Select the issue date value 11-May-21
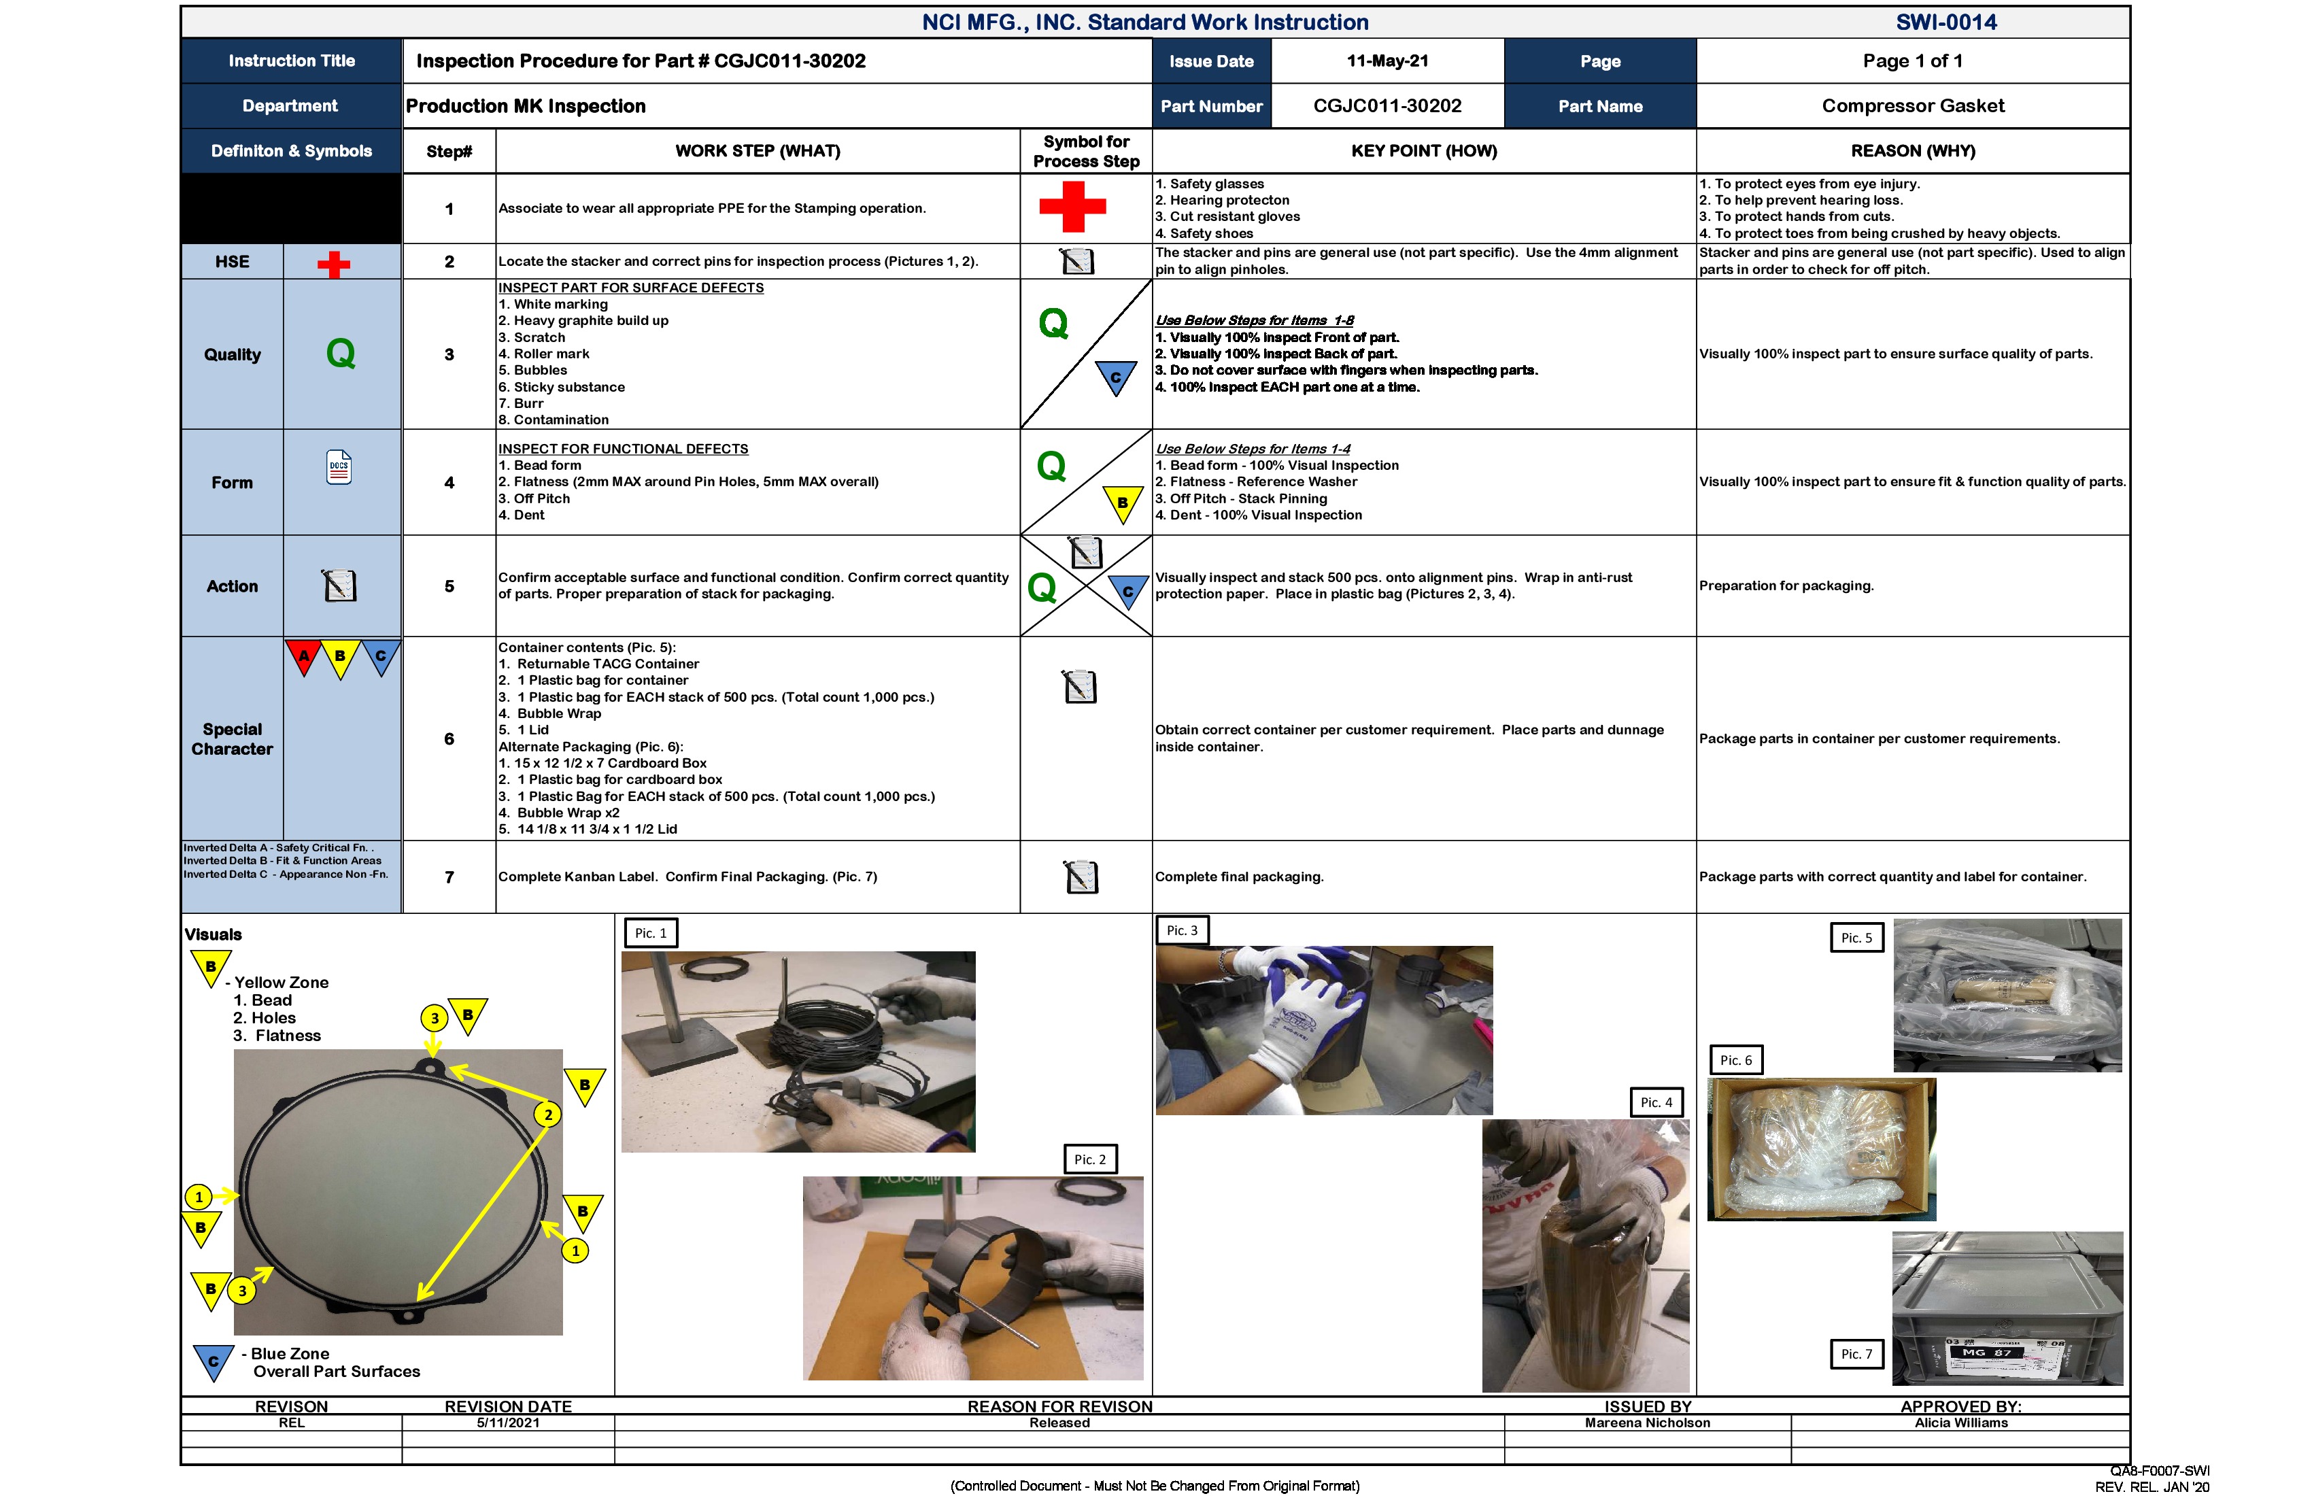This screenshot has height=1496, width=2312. [1387, 61]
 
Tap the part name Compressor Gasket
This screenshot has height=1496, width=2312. [1911, 106]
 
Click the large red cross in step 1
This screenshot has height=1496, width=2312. [1072, 206]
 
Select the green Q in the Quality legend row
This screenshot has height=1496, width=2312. [340, 354]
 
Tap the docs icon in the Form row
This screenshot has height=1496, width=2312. [339, 467]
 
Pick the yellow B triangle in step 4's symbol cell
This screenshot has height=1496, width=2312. [1123, 503]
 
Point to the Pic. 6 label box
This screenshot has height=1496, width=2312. [1735, 1060]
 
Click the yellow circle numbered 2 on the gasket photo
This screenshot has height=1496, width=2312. [548, 1115]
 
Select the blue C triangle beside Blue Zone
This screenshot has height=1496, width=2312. [214, 1360]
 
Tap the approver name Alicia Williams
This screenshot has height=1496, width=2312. [1960, 1423]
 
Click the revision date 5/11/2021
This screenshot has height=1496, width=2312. [507, 1423]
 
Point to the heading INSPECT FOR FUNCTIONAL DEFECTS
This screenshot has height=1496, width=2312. [623, 449]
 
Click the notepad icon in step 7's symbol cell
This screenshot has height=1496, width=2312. [1081, 877]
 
